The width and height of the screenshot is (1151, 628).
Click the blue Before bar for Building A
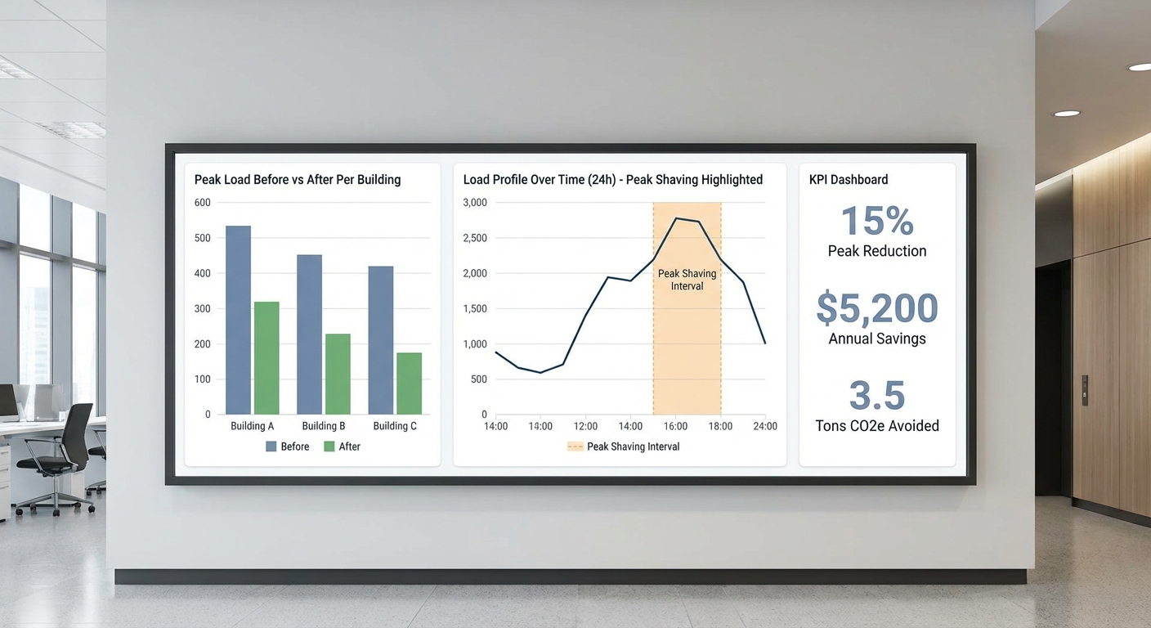click(238, 320)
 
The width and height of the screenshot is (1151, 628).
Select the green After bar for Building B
click(338, 374)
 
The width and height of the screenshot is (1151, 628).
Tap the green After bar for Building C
click(409, 383)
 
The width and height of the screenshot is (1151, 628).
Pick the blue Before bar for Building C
click(380, 339)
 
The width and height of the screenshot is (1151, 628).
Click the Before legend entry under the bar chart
click(287, 446)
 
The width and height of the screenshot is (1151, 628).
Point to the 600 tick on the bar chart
click(202, 203)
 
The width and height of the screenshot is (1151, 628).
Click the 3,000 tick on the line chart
click(475, 203)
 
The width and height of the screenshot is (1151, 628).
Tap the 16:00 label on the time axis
click(675, 426)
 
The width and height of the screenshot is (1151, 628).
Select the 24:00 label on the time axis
click(765, 426)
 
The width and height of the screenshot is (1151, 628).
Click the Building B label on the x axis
click(324, 426)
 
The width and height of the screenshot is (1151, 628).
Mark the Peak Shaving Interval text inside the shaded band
click(687, 280)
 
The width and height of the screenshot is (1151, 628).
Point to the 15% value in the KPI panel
click(877, 222)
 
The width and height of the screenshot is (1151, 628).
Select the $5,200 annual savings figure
click(877, 308)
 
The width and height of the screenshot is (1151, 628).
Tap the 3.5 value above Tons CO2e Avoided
click(877, 396)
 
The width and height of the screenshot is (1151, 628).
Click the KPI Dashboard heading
click(849, 180)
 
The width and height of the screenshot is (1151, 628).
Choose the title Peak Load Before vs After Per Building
click(298, 180)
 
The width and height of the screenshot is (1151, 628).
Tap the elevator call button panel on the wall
click(1085, 390)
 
